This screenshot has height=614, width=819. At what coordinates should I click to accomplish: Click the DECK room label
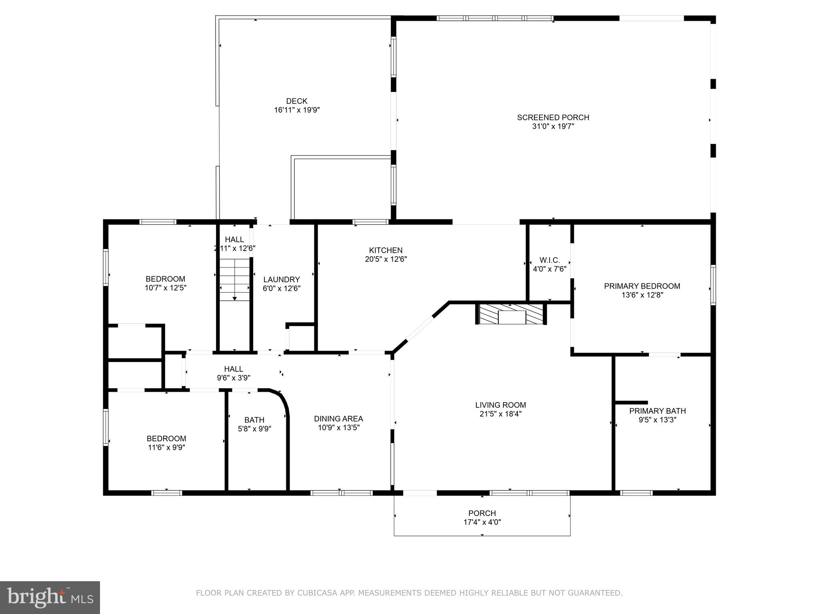297,101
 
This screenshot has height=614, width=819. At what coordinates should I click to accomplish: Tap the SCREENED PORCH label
553,118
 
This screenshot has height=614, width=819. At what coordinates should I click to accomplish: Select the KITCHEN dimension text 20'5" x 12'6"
386,259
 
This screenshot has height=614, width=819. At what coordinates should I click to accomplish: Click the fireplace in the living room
511,315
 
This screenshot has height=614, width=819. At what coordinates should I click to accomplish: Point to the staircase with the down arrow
235,280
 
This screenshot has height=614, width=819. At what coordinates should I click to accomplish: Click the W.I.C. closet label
549,260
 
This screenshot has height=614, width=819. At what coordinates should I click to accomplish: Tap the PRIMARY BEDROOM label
642,286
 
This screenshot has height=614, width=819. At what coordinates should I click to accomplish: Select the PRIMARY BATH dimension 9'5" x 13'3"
657,420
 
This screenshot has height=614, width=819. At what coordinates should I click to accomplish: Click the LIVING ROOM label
501,405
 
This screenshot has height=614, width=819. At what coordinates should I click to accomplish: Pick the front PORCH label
482,513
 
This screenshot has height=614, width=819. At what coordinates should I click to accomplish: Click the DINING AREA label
338,419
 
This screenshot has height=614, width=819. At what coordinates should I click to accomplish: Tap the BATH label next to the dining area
254,420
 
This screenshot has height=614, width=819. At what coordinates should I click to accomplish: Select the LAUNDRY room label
282,279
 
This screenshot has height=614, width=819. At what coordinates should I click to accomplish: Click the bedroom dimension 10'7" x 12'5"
166,288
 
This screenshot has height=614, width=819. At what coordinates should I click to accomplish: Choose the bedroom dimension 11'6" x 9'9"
166,448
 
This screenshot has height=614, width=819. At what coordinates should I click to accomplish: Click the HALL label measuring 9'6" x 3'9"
234,369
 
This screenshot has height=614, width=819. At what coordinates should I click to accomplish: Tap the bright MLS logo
50,598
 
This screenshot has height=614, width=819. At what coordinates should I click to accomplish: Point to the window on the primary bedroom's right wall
713,285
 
